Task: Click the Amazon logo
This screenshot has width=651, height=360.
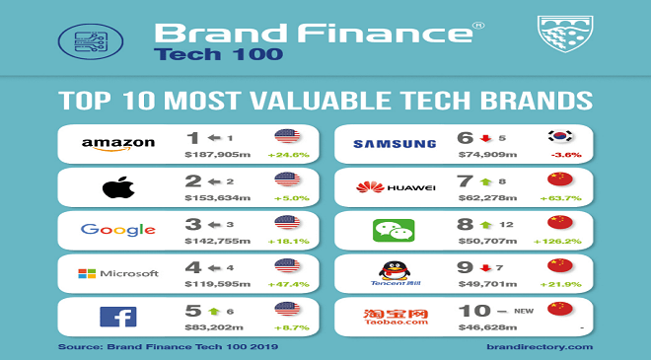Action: point(118,144)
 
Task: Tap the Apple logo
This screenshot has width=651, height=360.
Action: point(118,187)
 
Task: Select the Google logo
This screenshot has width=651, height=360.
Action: point(118,230)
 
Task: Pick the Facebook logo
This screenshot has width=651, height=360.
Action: point(118,317)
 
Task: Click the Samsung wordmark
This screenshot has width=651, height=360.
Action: point(395,144)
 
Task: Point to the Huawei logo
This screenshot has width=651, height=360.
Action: point(396,187)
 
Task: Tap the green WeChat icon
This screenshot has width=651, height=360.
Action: point(394,231)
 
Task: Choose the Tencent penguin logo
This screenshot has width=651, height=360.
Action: point(395,273)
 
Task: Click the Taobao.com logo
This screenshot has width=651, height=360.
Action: point(396,317)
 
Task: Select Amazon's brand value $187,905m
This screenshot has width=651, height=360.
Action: point(218,155)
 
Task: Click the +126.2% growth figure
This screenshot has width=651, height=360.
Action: point(557,242)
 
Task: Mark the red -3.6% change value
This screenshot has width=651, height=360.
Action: point(566,155)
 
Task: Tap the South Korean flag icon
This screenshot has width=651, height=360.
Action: point(560,136)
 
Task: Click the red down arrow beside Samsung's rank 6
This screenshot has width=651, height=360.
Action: point(485,138)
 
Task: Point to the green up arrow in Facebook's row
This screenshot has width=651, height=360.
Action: point(214,311)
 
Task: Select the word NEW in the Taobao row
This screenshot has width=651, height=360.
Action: point(524,311)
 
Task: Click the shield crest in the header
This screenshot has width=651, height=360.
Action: point(565,35)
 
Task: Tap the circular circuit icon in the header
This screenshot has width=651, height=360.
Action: point(91,41)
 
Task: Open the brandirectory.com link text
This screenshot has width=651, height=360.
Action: point(540,347)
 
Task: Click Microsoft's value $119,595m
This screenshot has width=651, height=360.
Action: point(218,284)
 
